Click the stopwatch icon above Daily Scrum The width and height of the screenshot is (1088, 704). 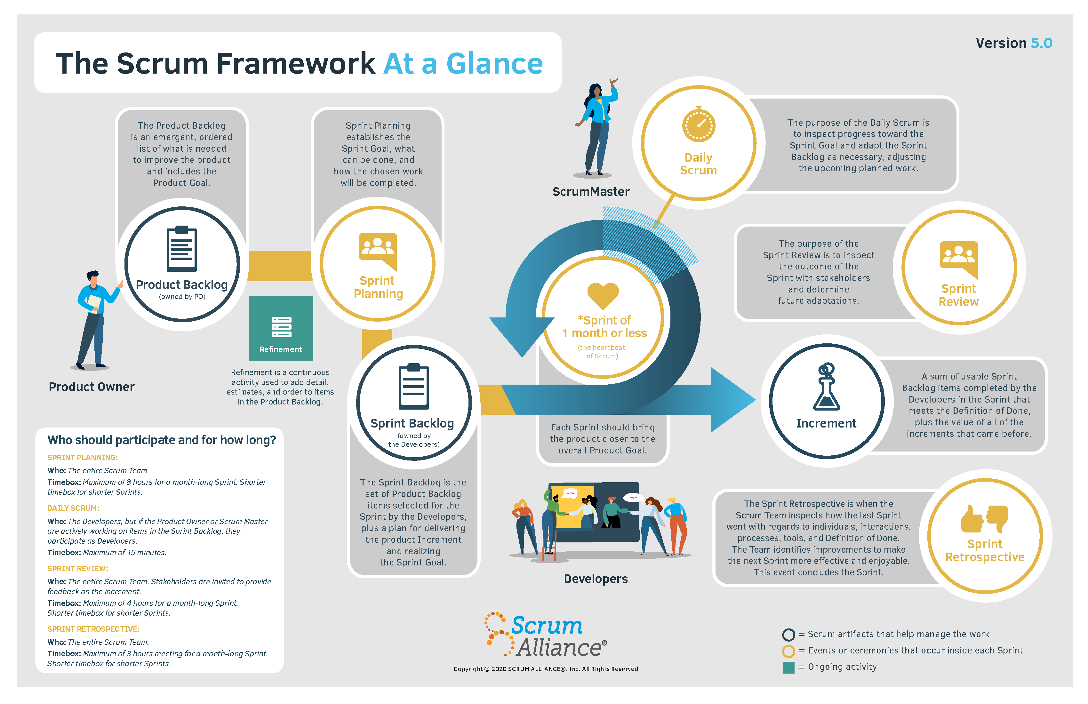tap(699, 124)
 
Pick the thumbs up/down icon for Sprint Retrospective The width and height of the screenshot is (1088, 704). tap(985, 519)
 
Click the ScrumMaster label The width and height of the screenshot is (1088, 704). tap(591, 192)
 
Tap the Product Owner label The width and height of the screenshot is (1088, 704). tap(92, 387)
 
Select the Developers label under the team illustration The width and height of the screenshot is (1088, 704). tap(596, 579)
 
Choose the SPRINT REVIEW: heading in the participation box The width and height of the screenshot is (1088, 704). tap(78, 569)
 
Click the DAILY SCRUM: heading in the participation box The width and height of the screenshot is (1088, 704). tap(73, 508)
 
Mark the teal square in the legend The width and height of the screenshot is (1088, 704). tap(788, 668)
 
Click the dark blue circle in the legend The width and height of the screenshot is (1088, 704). tap(788, 635)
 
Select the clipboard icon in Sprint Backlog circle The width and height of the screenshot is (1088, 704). tap(414, 387)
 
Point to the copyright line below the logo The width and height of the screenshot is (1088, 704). tap(546, 669)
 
